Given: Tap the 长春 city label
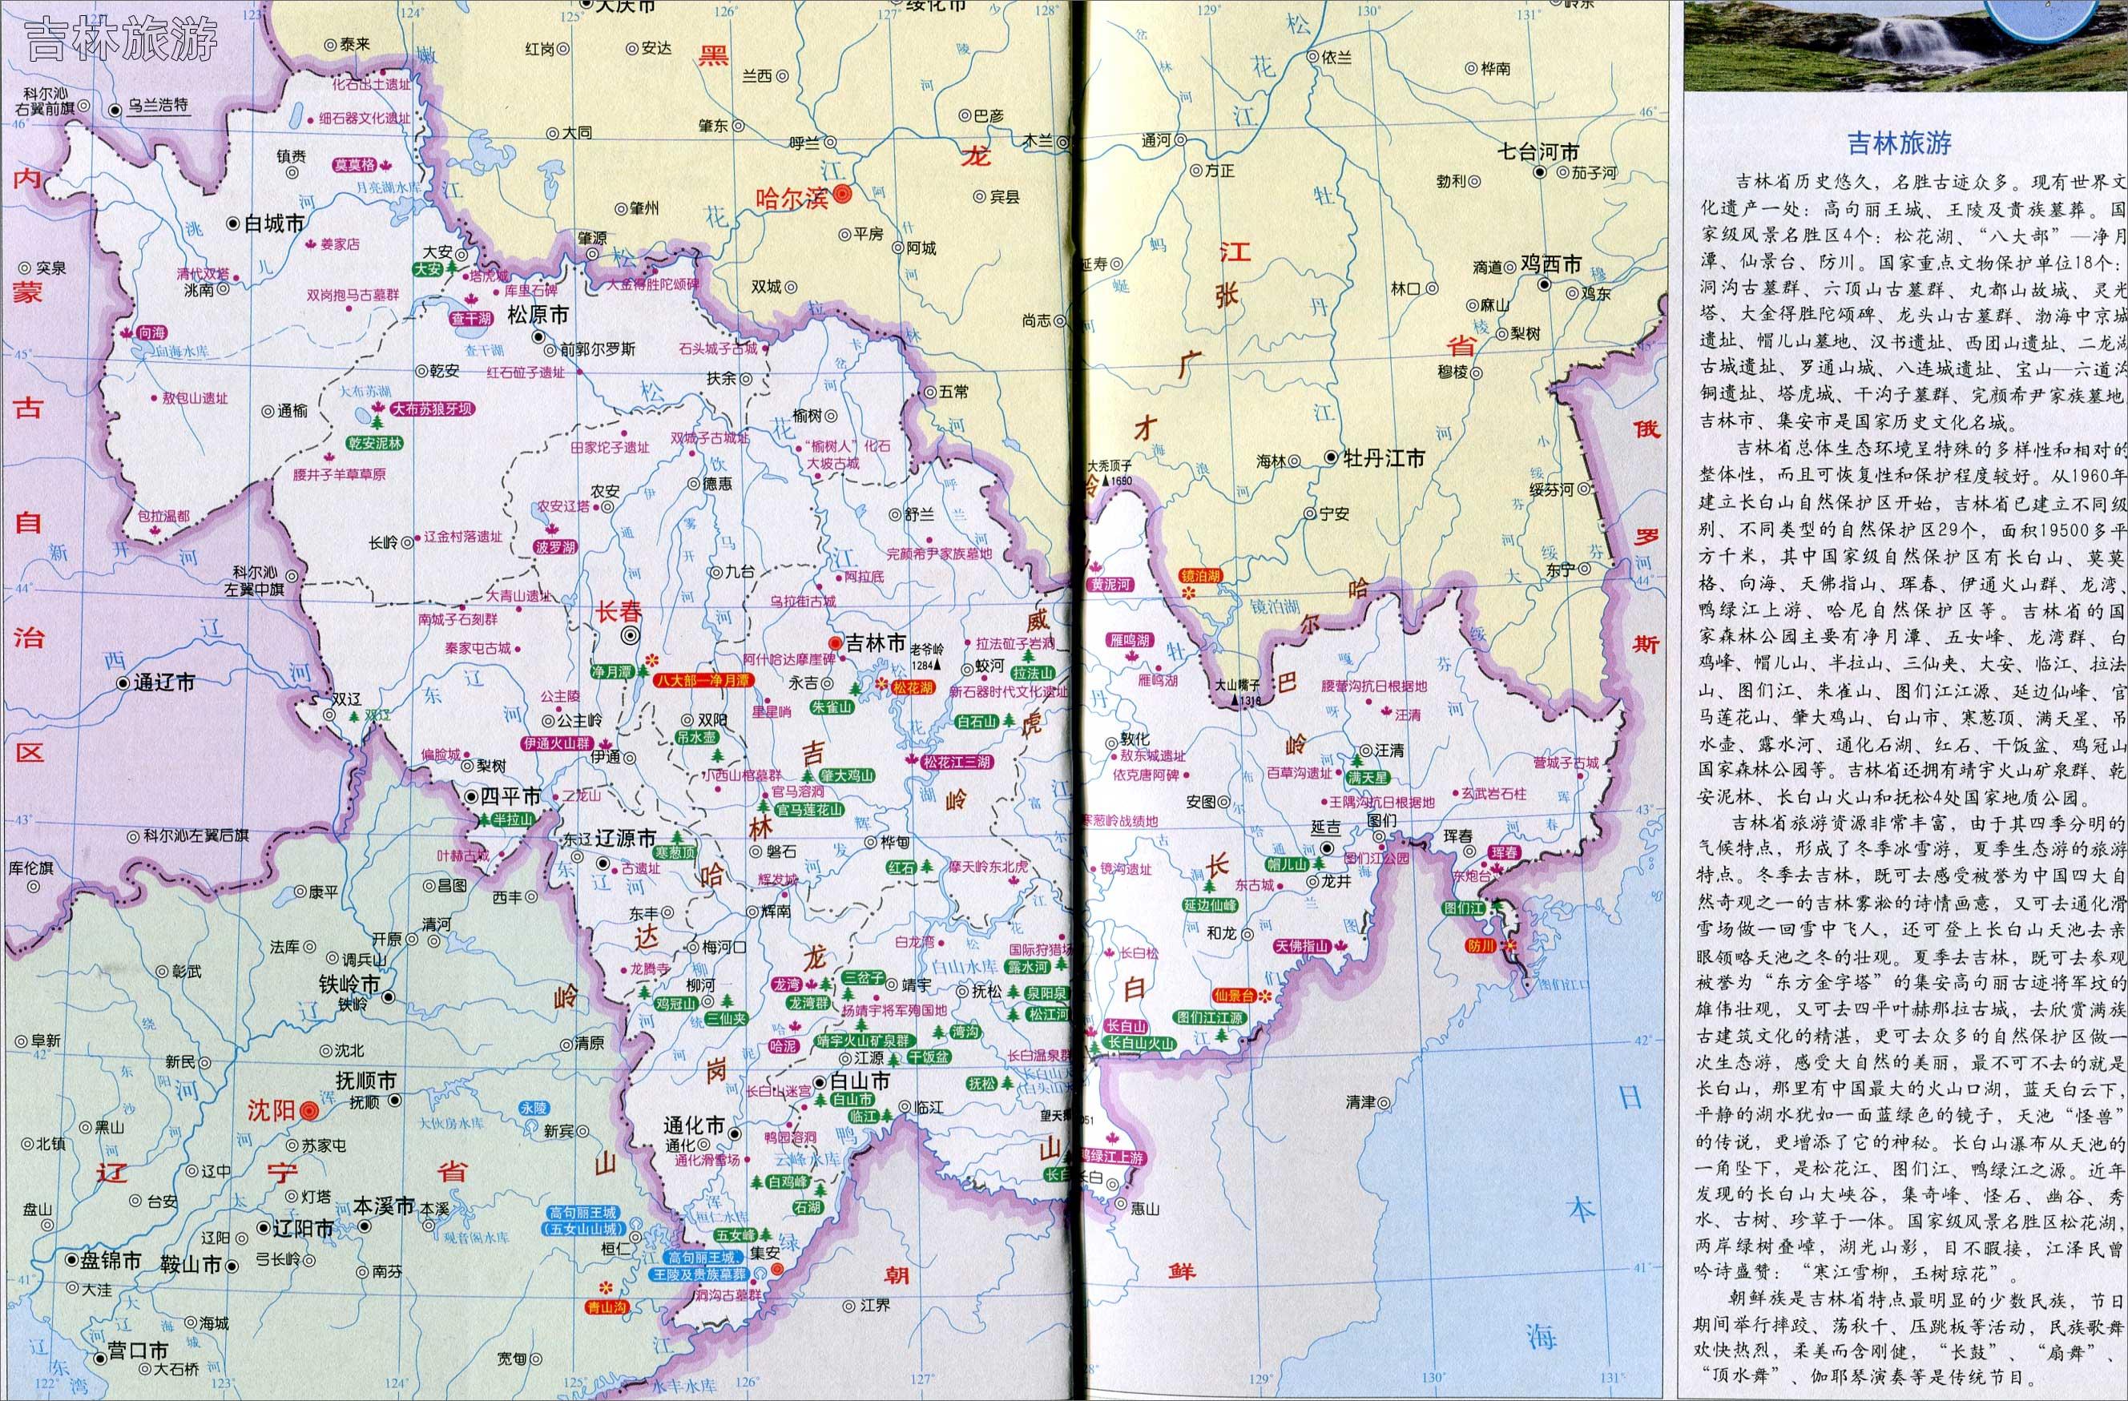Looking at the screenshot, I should [619, 611].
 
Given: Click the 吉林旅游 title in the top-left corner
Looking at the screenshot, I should [122, 39].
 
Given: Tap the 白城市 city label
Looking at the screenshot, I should [276, 223].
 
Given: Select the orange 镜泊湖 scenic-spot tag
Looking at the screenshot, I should [1200, 576].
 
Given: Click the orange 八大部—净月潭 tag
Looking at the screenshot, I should [703, 680].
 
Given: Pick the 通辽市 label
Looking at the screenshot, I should [164, 683].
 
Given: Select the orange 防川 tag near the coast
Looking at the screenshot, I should [1481, 945].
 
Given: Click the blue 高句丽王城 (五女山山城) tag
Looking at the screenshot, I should [583, 1221].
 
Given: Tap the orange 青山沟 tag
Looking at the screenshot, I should [608, 1306].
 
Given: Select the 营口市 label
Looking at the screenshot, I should [137, 1350].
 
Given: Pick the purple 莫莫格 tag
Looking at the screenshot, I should [354, 165].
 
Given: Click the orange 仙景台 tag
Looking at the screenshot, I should [1234, 995].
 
